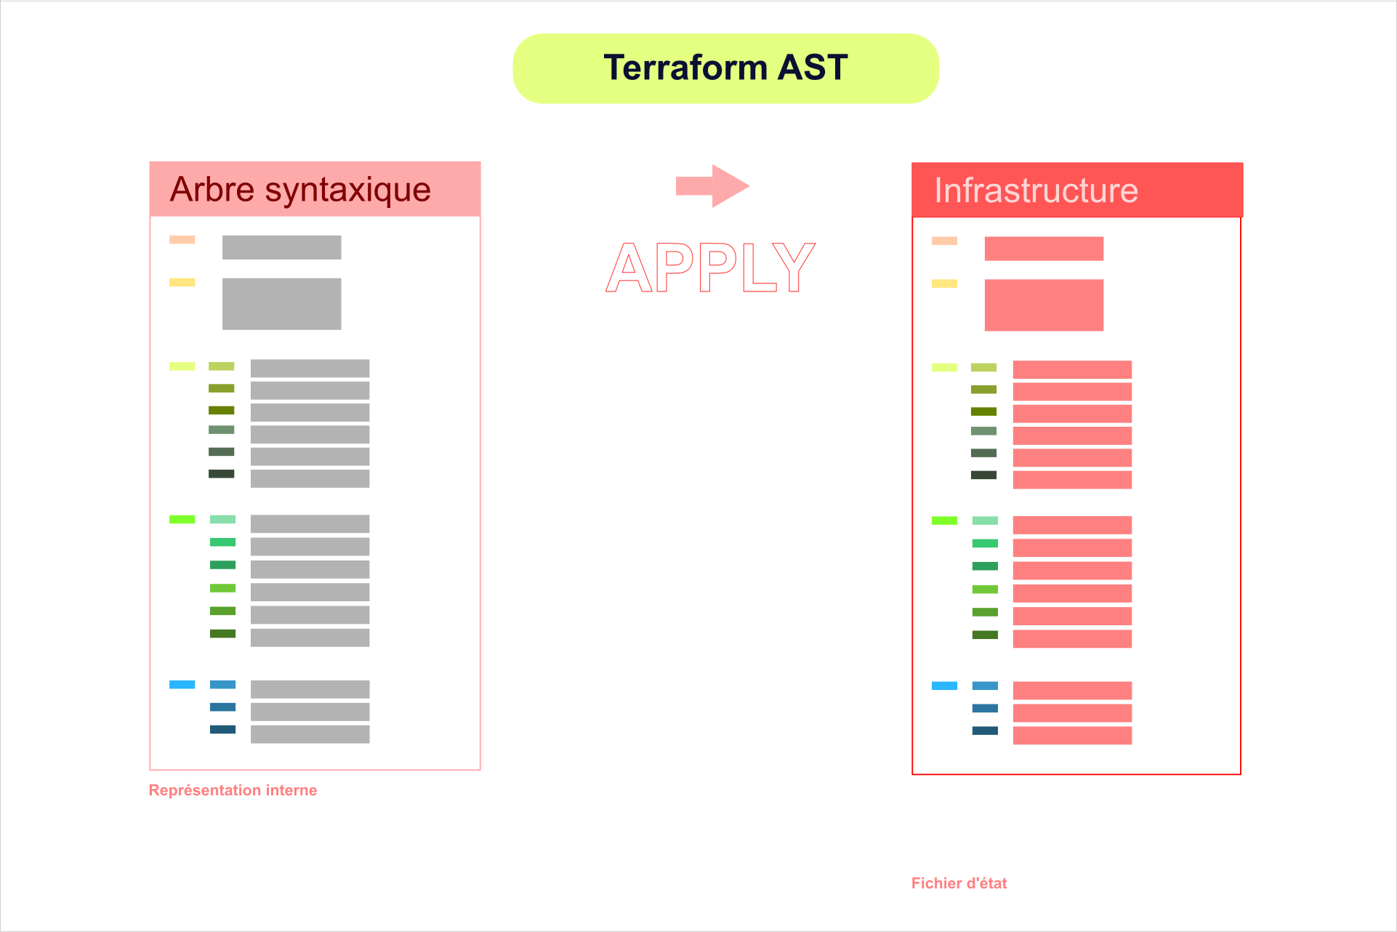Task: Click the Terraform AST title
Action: tap(725, 68)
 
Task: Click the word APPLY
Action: tap(710, 268)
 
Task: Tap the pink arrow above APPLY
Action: tap(712, 186)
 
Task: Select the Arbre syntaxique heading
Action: tap(300, 190)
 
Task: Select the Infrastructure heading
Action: tap(1036, 190)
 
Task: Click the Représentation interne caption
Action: tap(233, 790)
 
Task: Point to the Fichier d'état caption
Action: tap(959, 883)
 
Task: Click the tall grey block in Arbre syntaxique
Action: tap(281, 304)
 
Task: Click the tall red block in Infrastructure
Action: tap(1044, 305)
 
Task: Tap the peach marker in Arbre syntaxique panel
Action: tap(182, 239)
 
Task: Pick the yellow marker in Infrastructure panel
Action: tap(944, 284)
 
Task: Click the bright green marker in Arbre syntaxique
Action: tap(182, 519)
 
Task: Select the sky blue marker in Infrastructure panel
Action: tap(944, 686)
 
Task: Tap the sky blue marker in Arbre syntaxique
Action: tap(182, 684)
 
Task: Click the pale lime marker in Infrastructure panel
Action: tap(944, 367)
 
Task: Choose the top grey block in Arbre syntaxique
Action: tap(281, 247)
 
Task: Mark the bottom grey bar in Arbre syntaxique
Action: tap(310, 734)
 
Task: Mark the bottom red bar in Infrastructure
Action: tap(1072, 735)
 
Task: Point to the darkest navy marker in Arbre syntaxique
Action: tap(222, 729)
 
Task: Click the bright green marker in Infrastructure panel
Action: tap(944, 521)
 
